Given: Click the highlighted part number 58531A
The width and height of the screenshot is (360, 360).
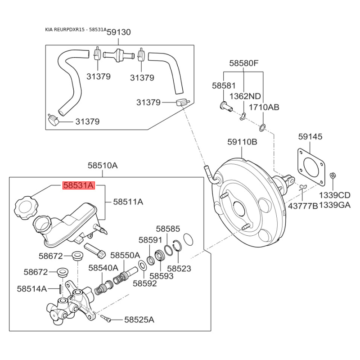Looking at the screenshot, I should pos(79,185).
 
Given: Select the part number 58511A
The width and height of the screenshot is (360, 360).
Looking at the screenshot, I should pos(128,202).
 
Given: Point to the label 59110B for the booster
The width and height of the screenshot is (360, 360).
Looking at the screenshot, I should pos(242,142).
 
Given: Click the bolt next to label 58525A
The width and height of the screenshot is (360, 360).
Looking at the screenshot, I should pos(107,319).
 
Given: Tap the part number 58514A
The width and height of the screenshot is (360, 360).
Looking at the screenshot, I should pos(32,288).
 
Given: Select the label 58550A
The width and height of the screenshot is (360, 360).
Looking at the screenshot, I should pos(125,255).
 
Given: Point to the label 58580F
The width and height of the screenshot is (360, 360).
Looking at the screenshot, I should pos(244,63).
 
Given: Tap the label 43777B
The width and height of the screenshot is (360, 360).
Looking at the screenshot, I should pos(303,205).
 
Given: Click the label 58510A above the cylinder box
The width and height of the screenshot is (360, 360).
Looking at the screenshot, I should pos(103,166).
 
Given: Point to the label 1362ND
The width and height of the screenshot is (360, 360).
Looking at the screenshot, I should pos(245,96).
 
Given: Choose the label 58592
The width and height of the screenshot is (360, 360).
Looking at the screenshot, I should pos(144,283).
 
